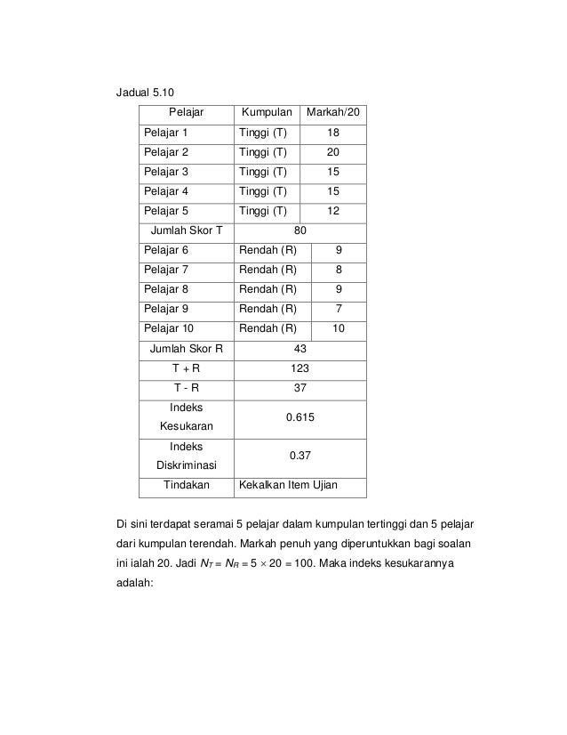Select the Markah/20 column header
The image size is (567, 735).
coord(333,113)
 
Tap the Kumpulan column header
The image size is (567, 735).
coord(264,113)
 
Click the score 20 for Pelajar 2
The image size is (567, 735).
coord(332,152)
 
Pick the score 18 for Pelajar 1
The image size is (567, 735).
coord(332,133)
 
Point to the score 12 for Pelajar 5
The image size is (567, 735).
coord(332,211)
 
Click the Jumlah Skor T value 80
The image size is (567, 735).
coord(299,230)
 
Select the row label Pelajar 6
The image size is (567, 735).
coord(166,250)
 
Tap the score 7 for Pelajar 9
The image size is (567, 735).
coord(338,309)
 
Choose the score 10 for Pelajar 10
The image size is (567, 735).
coord(338,328)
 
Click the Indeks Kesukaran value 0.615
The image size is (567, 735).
coord(299,416)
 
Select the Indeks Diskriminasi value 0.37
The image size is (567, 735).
coord(299,455)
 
